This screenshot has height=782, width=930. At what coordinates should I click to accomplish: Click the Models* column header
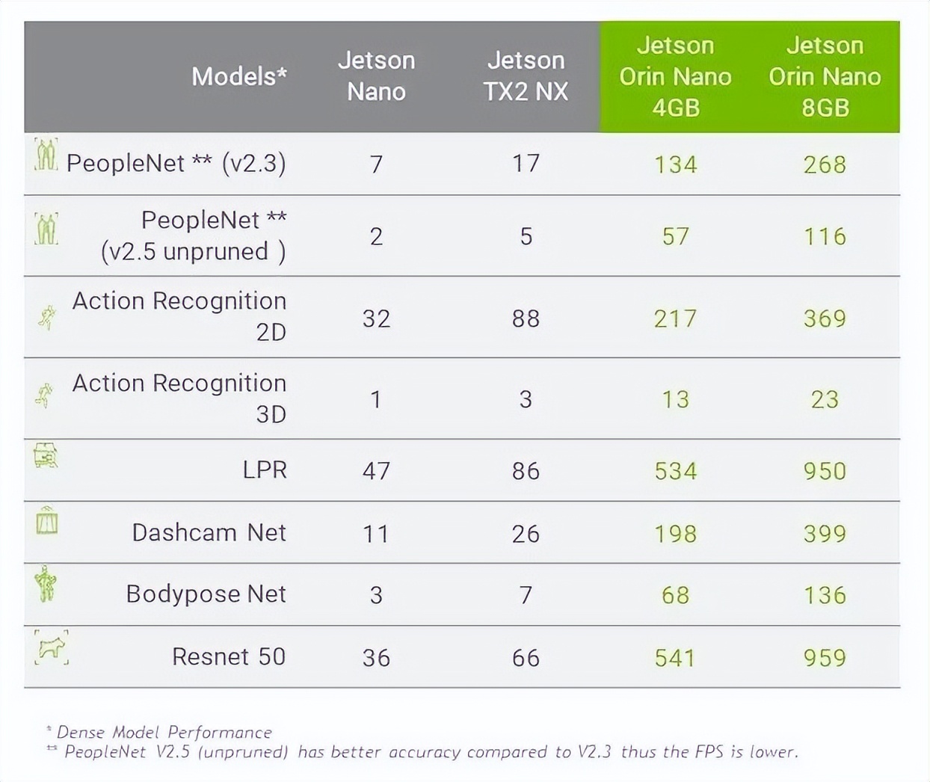click(238, 76)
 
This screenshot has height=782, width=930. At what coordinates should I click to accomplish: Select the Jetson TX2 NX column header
click(526, 76)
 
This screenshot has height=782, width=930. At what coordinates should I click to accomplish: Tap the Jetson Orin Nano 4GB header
click(675, 76)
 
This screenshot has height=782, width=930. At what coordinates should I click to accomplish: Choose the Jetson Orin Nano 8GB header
click(825, 76)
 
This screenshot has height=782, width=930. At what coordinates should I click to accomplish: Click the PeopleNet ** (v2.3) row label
click(176, 163)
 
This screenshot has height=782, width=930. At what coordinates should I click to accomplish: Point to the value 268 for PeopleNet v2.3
click(825, 164)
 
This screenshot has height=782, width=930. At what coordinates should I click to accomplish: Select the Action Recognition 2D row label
click(179, 315)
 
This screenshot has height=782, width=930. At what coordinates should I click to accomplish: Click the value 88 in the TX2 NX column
click(526, 318)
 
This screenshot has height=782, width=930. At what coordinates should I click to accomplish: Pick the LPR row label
click(265, 469)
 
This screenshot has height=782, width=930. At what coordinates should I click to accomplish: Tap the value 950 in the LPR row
click(825, 471)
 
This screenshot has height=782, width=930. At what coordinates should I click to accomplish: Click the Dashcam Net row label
click(209, 532)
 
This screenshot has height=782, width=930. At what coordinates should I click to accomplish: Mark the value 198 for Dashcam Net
click(675, 534)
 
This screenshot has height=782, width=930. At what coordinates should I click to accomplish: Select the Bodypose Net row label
click(206, 594)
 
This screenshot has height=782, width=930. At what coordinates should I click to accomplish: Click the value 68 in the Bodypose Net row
click(675, 595)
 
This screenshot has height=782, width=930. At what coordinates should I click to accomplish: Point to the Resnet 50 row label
click(229, 656)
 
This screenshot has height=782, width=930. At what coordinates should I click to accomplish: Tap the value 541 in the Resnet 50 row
click(675, 658)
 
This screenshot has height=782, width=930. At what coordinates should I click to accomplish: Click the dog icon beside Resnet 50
click(51, 647)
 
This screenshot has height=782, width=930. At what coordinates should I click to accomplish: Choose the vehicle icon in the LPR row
click(46, 455)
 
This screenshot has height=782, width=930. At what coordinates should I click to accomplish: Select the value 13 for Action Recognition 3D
click(675, 399)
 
